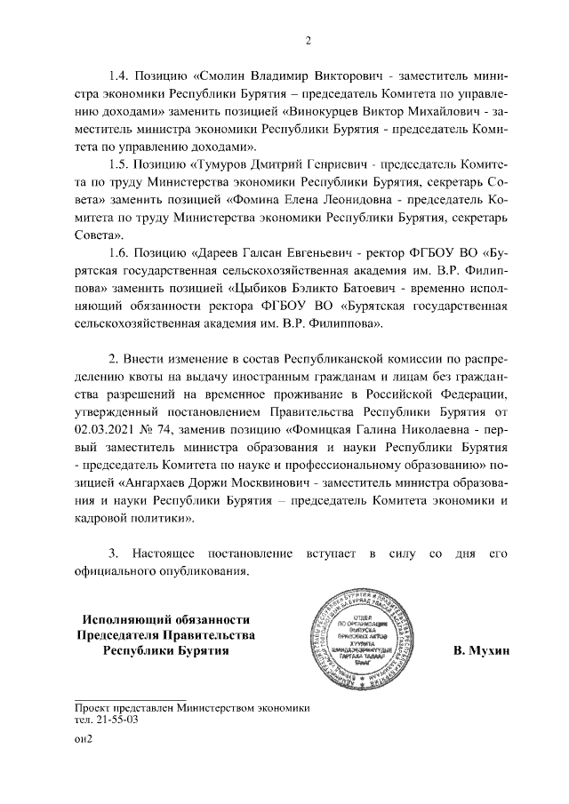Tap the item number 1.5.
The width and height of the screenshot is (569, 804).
click(x=120, y=164)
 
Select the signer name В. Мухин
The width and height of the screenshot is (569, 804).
click(x=479, y=651)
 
